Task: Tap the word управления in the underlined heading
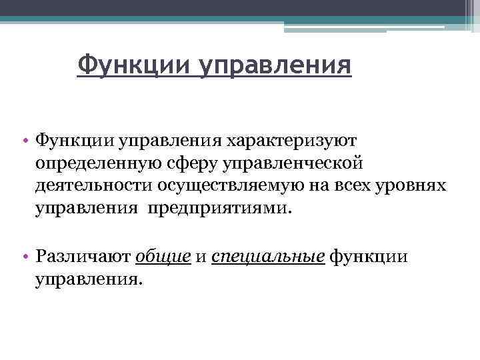[x=274, y=66]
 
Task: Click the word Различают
[x=83, y=257]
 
